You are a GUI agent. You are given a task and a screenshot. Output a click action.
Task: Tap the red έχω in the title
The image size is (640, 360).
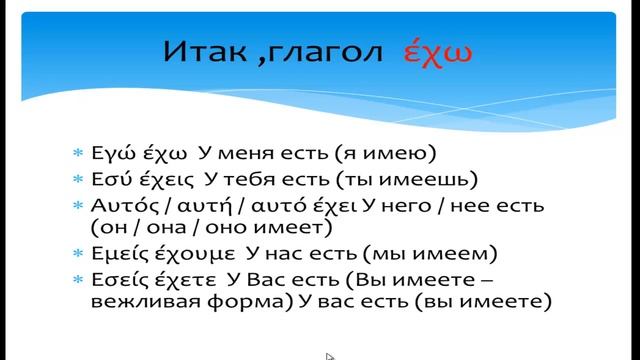436,52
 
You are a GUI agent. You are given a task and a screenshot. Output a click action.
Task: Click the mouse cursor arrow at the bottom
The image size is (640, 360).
330,355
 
